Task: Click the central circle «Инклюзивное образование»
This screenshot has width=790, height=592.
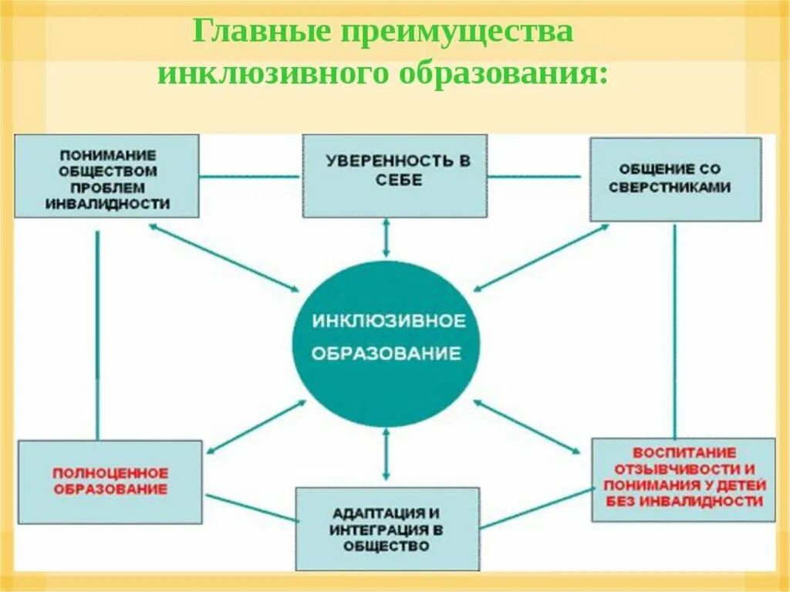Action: (x=386, y=343)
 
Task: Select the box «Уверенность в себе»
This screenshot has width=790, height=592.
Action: (x=394, y=175)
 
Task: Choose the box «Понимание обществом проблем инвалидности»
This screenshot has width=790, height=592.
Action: (x=106, y=175)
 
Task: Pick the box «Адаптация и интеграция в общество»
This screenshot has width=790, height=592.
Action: (x=387, y=528)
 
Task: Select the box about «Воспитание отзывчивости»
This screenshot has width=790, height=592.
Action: (x=684, y=479)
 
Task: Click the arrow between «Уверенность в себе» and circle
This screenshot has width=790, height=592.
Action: (x=387, y=238)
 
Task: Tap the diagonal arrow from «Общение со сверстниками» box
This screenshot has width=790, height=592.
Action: (x=540, y=258)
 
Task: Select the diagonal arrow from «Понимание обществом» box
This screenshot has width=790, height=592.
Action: (x=224, y=258)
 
